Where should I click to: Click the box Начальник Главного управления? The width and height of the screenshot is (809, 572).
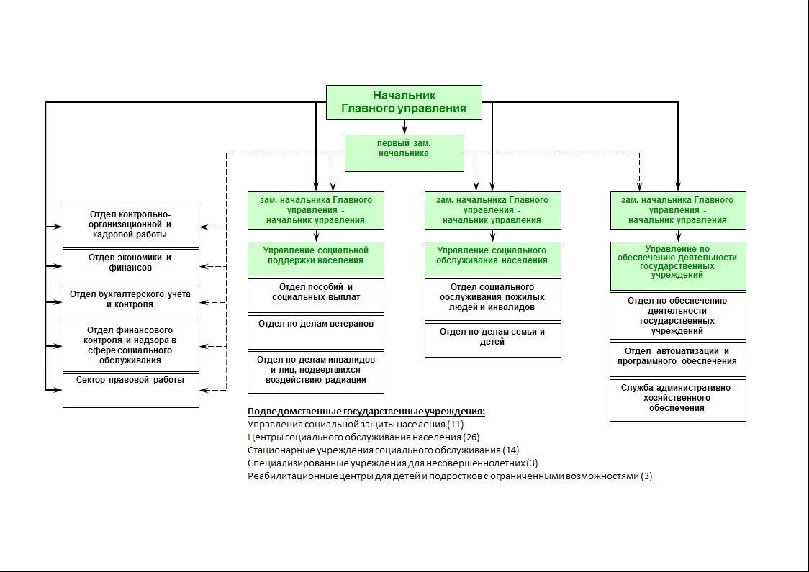[x=404, y=102]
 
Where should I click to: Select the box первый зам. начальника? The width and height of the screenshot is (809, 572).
[x=404, y=153]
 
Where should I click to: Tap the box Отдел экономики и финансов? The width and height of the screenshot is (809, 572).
[x=130, y=265]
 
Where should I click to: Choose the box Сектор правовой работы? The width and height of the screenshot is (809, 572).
[x=130, y=390]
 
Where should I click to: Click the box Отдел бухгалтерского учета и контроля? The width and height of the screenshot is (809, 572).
[x=130, y=302]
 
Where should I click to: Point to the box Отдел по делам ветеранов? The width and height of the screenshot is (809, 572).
[x=315, y=332]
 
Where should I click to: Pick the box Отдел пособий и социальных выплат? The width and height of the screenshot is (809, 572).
[x=315, y=295]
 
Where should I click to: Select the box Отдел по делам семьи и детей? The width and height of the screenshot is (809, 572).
[x=492, y=340]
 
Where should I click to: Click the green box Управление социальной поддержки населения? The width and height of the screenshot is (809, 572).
[x=315, y=258]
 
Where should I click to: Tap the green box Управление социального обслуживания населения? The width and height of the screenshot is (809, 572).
[x=492, y=258]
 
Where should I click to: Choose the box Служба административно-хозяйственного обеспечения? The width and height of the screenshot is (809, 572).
[x=677, y=399]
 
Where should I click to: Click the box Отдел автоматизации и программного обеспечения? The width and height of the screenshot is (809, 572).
[x=677, y=359]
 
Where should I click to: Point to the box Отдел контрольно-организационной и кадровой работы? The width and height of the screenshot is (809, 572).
[x=130, y=226]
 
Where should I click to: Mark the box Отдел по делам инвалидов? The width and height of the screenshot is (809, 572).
[x=315, y=371]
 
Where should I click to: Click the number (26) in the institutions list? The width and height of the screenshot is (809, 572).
[x=472, y=437]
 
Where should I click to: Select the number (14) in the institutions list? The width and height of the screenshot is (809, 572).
[x=511, y=450]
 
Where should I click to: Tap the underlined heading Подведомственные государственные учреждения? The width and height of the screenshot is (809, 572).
[x=366, y=412]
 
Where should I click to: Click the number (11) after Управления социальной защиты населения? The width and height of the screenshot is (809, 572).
[x=456, y=424]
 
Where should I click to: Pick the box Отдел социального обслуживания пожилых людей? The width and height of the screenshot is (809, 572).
[x=492, y=299]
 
